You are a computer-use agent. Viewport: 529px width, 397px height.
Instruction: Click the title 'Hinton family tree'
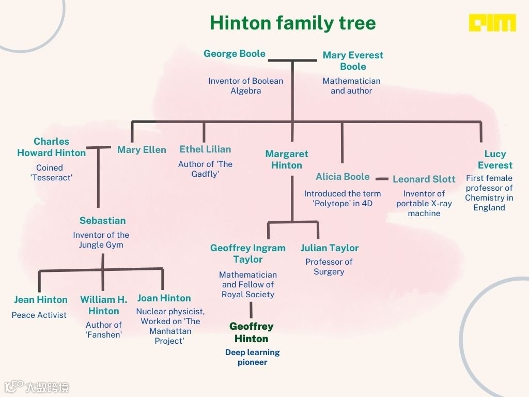pos(292,23)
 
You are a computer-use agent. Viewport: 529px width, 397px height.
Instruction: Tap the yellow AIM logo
pos(492,23)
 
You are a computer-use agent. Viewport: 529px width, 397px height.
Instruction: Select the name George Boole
pos(235,54)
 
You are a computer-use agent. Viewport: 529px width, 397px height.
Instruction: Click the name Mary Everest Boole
pos(353,60)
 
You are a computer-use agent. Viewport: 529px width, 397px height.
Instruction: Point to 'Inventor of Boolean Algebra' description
pos(245,86)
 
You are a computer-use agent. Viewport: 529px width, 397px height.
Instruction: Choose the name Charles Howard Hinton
pos(51,147)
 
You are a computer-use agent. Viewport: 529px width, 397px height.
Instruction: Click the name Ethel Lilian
pos(205,149)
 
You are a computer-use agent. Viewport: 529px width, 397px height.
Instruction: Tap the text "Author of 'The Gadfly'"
pos(205,169)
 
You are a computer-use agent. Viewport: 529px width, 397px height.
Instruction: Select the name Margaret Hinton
pos(287,159)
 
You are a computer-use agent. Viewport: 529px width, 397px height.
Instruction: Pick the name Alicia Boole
pos(343,177)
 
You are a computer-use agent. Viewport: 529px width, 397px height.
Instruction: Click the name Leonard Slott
pos(424,179)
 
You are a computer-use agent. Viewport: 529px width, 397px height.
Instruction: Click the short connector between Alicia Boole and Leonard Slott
pos(382,179)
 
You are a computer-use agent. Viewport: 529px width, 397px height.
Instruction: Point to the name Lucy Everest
pos(495,159)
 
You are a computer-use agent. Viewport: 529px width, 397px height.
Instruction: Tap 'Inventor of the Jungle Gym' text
pos(101,240)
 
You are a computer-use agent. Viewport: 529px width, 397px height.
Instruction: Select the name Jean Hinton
pos(41,300)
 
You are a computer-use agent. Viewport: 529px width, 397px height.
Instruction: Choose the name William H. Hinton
pos(103,305)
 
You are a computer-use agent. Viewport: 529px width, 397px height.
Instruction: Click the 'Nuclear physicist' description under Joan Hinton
pos(170,326)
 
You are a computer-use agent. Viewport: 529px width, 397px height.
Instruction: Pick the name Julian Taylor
pos(330,248)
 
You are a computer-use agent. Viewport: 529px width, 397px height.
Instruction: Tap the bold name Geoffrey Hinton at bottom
pos(252,332)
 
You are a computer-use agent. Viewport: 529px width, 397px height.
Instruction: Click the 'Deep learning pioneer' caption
pos(252,357)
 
